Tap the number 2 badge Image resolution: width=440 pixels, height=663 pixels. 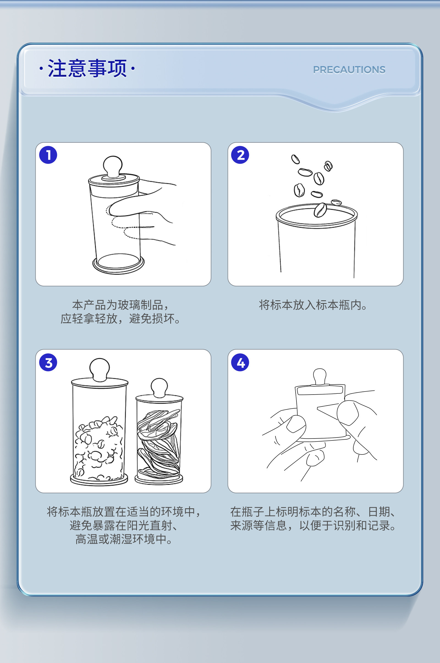tap(240, 155)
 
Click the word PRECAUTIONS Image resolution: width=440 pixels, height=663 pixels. tap(349, 70)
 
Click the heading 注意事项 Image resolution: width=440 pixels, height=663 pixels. tap(87, 68)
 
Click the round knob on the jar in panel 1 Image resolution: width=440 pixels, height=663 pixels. tap(113, 166)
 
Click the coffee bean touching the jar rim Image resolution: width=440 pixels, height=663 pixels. tap(320, 210)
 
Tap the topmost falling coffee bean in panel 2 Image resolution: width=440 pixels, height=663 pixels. tap(295, 159)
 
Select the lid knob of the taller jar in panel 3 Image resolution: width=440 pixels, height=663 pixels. tap(99, 370)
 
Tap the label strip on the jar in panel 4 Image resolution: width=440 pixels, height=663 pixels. tap(320, 390)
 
